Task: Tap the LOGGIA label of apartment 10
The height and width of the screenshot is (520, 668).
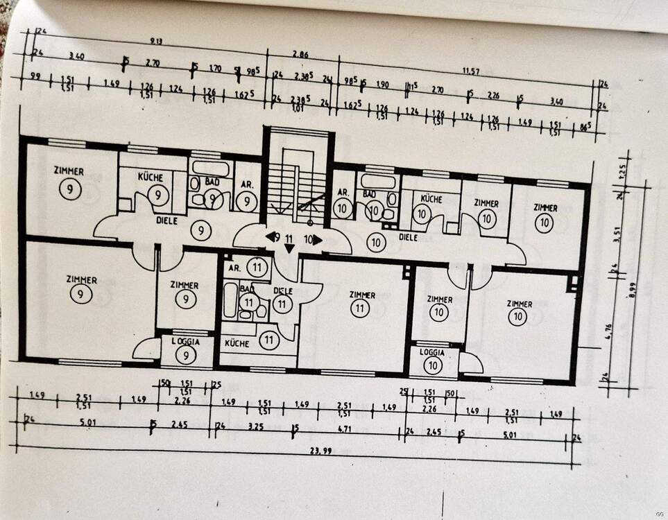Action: pos(433,352)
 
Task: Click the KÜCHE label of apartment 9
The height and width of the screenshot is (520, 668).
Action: pos(150,177)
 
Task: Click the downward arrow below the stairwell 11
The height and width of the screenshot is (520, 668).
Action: pos(289,248)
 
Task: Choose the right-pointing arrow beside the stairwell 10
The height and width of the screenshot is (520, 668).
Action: pos(316,240)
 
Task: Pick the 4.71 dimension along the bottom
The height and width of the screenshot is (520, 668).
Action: pos(345,428)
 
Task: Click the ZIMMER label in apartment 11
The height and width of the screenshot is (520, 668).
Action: pos(361,295)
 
